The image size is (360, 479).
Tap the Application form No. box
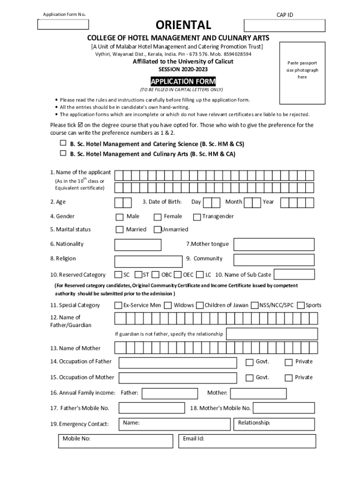click(63, 25)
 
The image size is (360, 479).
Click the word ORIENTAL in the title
click(183, 25)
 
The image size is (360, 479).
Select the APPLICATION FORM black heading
click(183, 81)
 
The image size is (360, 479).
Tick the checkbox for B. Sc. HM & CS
click(63, 144)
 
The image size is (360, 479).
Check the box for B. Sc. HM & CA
click(63, 153)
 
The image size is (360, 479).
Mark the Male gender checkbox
click(120, 217)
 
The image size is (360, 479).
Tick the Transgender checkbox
click(197, 217)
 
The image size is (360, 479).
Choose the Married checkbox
click(120, 230)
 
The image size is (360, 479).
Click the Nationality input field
click(137, 245)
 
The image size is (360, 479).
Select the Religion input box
click(148, 261)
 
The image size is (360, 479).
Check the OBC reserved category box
click(155, 275)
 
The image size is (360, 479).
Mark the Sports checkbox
click(301, 305)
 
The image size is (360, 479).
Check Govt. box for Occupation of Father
click(250, 362)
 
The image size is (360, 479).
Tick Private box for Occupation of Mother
click(288, 377)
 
